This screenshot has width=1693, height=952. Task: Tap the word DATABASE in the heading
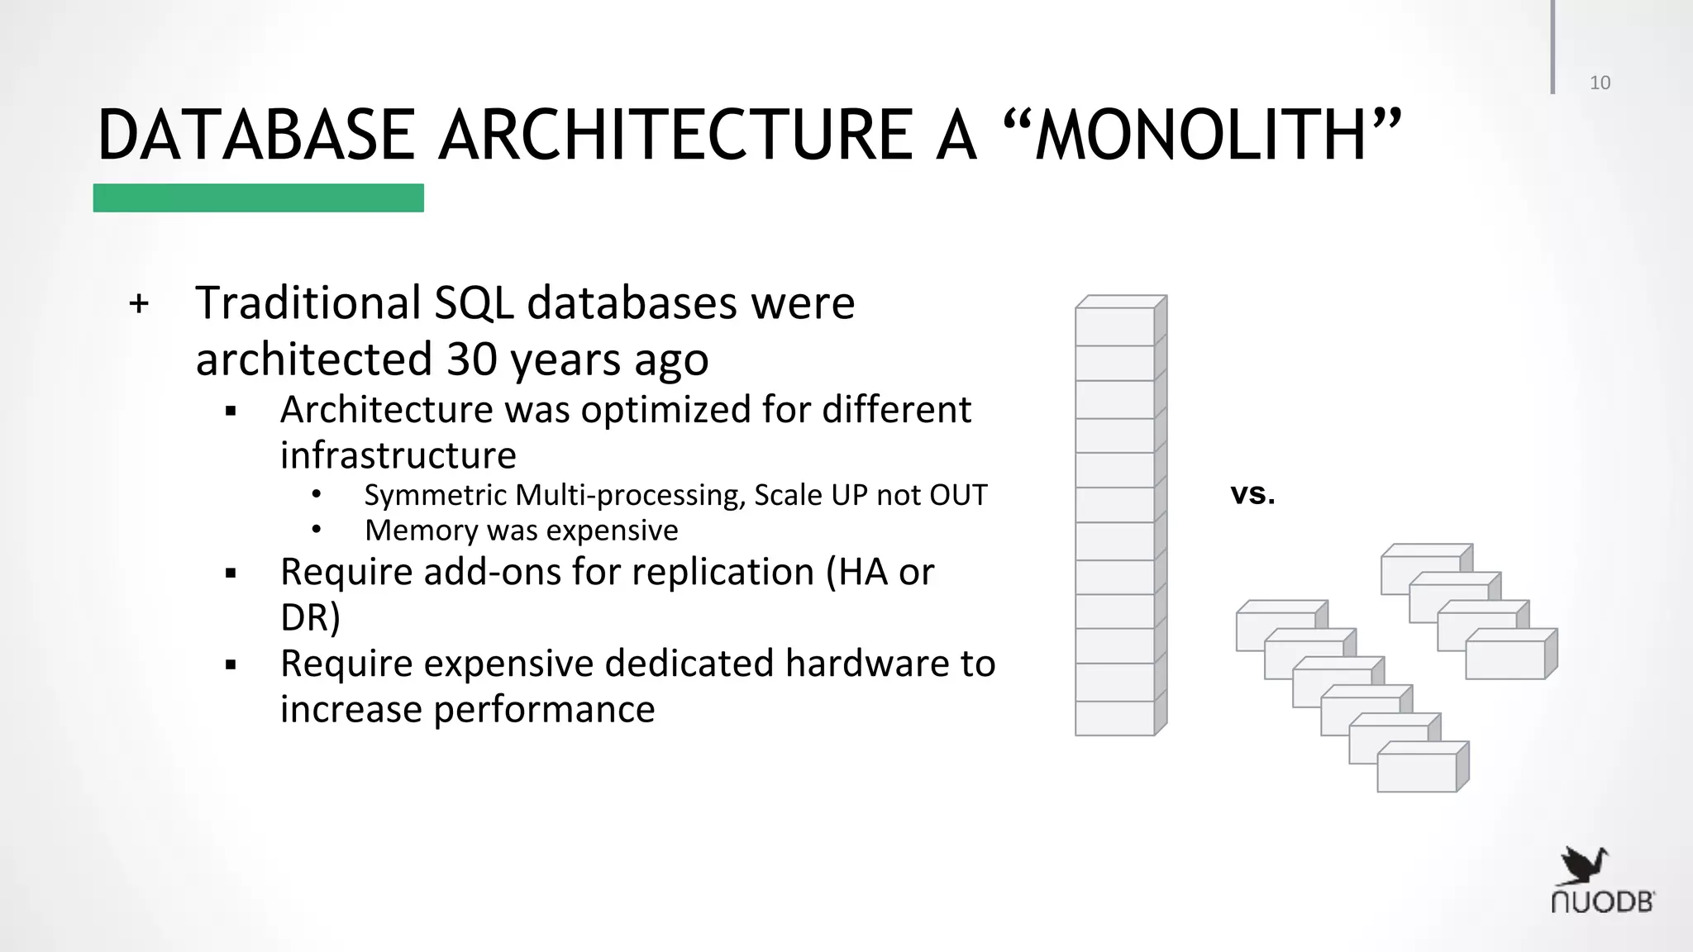point(256,136)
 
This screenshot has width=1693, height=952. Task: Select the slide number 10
point(1600,83)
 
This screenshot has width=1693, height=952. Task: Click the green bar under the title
point(258,198)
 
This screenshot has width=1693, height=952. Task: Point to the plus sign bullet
point(139,303)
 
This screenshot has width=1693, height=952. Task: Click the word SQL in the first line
point(473,303)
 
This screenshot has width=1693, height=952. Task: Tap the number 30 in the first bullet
point(471,359)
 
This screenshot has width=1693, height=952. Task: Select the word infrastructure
point(398,455)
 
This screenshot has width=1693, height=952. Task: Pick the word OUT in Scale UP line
point(958,495)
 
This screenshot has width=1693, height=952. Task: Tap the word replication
point(723,572)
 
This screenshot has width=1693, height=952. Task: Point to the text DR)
point(310,617)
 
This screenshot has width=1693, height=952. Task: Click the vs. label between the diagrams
point(1252,494)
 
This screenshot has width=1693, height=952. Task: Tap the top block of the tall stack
point(1114,326)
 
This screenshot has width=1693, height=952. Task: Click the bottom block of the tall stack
point(1114,717)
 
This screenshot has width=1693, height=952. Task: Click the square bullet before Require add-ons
point(231,573)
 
